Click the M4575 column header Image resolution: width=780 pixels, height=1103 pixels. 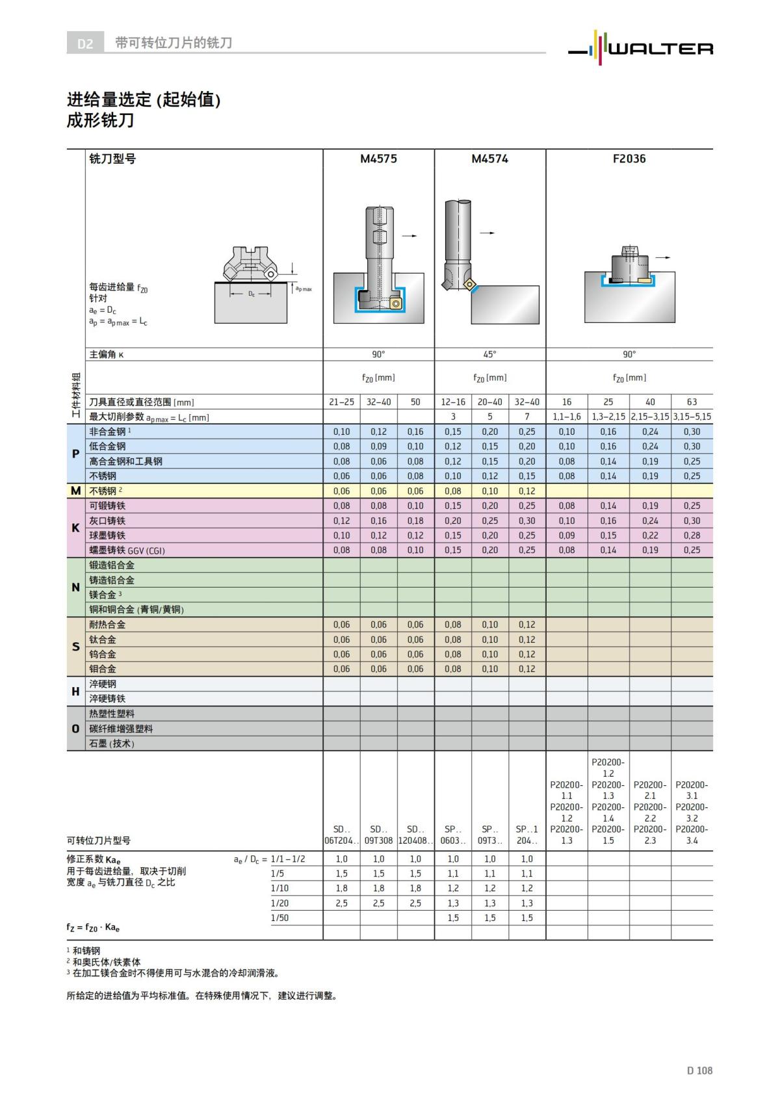pyautogui.click(x=378, y=159)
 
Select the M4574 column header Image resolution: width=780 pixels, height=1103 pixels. pyautogui.click(x=489, y=159)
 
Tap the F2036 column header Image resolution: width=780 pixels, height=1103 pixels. pyautogui.click(x=629, y=159)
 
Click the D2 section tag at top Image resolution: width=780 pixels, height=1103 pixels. pyautogui.click(x=85, y=44)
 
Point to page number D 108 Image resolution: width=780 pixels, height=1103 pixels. pyautogui.click(x=699, y=1070)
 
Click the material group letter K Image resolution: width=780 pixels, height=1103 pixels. pyautogui.click(x=75, y=528)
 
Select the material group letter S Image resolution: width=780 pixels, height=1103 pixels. pyautogui.click(x=75, y=647)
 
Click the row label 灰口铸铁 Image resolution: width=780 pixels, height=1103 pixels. pyautogui.click(x=107, y=521)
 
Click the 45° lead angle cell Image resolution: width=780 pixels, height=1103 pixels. pyautogui.click(x=489, y=354)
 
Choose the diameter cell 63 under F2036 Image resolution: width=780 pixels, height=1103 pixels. pyautogui.click(x=692, y=402)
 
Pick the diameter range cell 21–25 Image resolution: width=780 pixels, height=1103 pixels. pyautogui.click(x=341, y=402)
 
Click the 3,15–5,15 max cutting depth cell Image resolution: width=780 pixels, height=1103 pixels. pyautogui.click(x=692, y=417)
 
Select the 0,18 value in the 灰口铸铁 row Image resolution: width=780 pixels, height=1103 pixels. pyautogui.click(x=415, y=521)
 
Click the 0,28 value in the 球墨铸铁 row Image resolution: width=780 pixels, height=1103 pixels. pyautogui.click(x=692, y=536)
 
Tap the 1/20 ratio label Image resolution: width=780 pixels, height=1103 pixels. pyautogui.click(x=279, y=903)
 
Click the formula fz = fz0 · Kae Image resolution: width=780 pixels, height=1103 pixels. pyautogui.click(x=93, y=928)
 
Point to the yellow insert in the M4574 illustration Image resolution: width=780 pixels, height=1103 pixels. pyautogui.click(x=469, y=284)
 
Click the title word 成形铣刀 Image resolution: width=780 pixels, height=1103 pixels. pyautogui.click(x=100, y=121)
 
